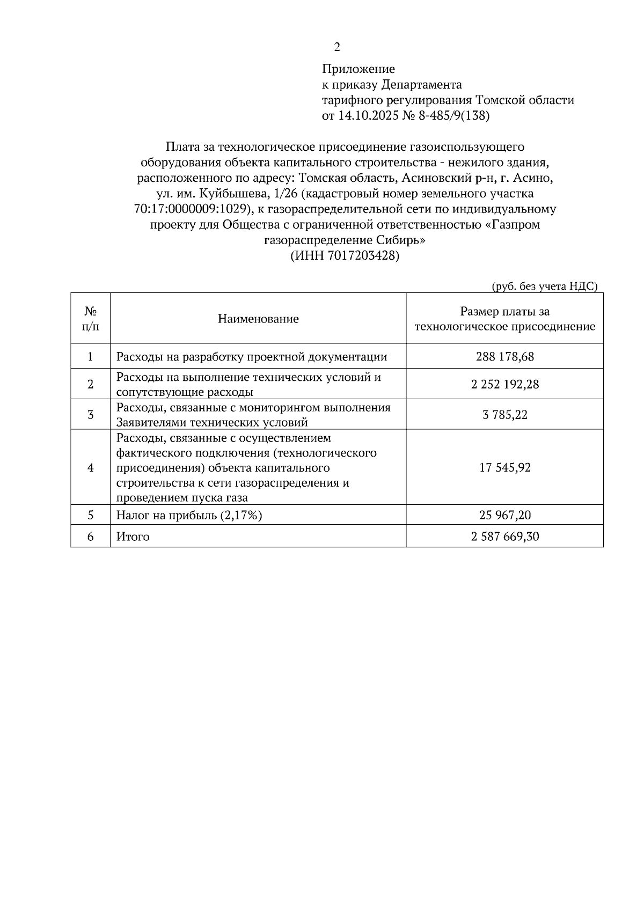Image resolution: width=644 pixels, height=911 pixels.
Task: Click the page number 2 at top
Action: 337,47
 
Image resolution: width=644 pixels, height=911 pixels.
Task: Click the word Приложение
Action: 358,69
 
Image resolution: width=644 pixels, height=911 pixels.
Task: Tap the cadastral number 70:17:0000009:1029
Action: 191,209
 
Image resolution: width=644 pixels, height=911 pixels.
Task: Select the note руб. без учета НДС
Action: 544,286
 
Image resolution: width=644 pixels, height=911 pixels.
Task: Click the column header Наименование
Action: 258,319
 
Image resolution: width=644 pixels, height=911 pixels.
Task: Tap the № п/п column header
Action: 90,318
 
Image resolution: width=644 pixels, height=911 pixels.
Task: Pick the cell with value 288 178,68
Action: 504,356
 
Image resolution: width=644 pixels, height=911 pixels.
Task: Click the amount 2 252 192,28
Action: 504,384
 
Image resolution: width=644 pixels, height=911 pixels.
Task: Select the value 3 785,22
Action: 504,414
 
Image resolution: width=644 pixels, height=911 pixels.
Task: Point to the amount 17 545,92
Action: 504,467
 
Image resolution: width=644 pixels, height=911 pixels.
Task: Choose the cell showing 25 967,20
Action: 504,515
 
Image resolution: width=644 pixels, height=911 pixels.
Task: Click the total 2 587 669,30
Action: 504,536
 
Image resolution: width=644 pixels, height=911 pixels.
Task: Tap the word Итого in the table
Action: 133,536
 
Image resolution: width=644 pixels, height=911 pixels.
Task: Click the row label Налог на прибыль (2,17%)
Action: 189,515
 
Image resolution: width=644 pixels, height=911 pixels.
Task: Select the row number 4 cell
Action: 90,467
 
